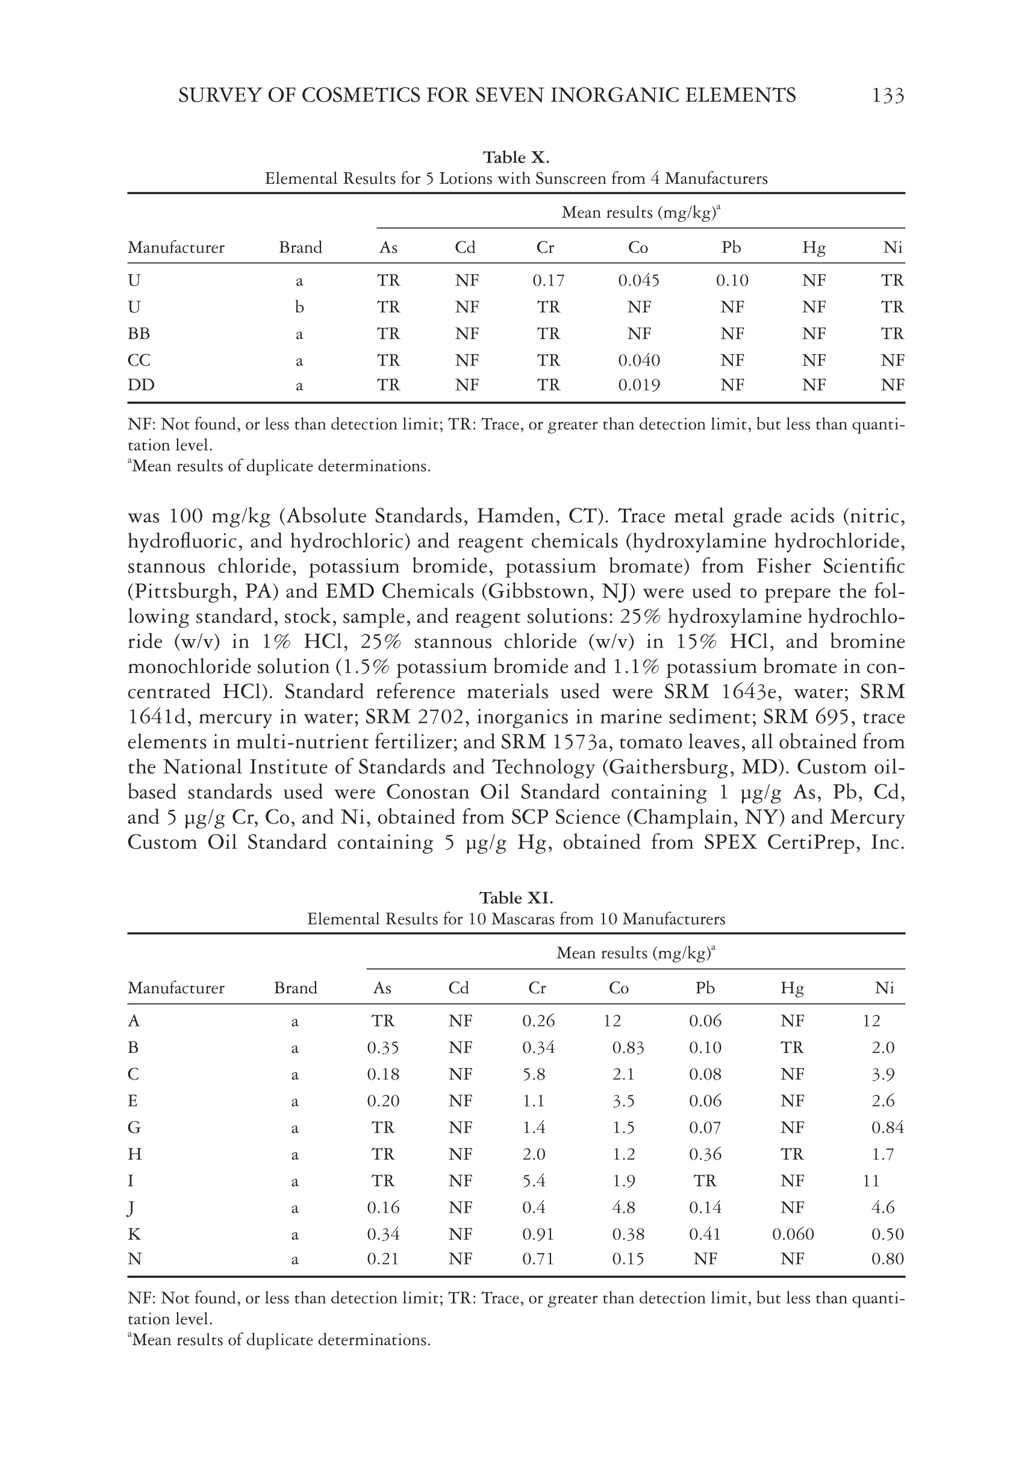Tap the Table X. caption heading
point(516,157)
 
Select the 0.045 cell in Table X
point(638,281)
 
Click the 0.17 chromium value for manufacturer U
point(548,281)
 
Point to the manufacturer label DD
point(141,385)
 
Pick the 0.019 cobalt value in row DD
point(638,385)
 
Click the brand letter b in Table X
point(299,307)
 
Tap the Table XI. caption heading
point(516,898)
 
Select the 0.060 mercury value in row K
point(793,1234)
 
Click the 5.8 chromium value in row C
point(534,1075)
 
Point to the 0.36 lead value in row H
point(705,1154)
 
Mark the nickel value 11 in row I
point(870,1181)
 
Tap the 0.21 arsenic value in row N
point(382,1258)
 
